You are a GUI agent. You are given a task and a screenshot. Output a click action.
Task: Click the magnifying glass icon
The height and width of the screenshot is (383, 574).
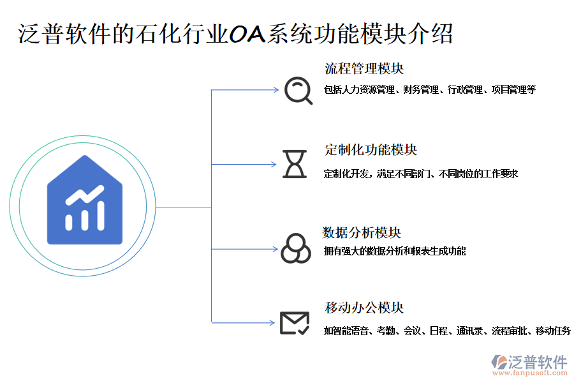point(297,90)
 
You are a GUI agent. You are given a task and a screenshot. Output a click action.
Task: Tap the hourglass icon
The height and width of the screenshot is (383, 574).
point(295,164)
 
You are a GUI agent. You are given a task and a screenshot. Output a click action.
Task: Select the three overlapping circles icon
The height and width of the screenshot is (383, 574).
point(295,248)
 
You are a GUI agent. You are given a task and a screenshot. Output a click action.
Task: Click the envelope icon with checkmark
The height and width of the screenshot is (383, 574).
point(295,323)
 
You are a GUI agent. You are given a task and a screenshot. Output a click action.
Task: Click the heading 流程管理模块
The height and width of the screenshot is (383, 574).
point(364,68)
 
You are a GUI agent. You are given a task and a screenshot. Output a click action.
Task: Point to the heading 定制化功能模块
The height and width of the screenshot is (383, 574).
point(371,150)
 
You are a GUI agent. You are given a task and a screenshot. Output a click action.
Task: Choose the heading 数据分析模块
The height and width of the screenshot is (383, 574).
point(362,232)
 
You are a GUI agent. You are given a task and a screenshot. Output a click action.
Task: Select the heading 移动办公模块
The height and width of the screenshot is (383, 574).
point(364,308)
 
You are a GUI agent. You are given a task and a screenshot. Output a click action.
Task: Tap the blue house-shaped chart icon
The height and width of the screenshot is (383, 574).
point(85,200)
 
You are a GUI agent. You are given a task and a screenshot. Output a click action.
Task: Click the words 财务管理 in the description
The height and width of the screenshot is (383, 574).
point(420,90)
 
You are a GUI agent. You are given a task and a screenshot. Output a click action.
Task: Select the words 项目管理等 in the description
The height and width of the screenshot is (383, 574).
point(513,90)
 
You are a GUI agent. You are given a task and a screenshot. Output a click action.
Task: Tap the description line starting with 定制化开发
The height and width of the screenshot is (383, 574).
point(420,174)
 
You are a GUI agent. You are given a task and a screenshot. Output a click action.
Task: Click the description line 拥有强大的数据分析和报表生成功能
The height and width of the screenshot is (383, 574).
point(394,252)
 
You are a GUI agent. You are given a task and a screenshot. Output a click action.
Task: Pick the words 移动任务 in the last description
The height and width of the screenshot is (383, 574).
point(553,331)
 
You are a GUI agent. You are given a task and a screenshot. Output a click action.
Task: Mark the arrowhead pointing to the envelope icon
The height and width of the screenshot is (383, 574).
point(272,323)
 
